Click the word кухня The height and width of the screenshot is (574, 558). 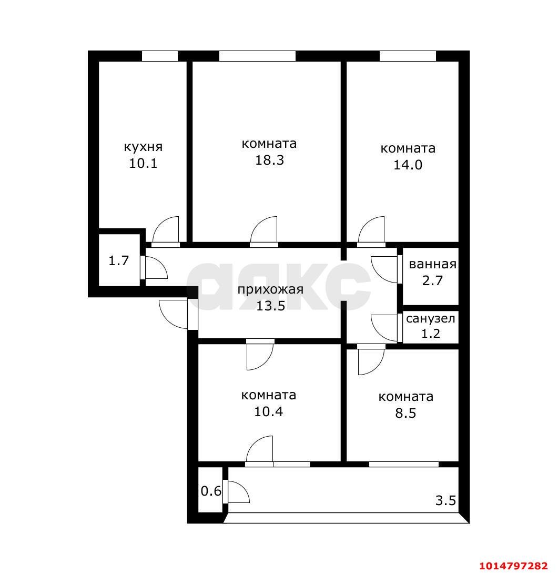pyautogui.click(x=143, y=147)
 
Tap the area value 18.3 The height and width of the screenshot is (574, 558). pyautogui.click(x=270, y=160)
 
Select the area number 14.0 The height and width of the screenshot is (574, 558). pyautogui.click(x=408, y=165)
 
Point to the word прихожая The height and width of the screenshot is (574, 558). pyautogui.click(x=270, y=289)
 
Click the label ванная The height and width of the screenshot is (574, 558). pyautogui.click(x=432, y=264)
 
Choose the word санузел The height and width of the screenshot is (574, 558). pyautogui.click(x=431, y=318)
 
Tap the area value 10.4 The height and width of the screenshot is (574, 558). pyautogui.click(x=269, y=411)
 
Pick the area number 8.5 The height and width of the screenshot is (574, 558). pyautogui.click(x=405, y=413)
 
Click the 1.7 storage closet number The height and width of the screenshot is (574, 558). pyautogui.click(x=119, y=260)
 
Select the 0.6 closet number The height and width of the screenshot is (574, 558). pyautogui.click(x=211, y=491)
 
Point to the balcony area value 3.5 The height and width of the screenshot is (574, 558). pyautogui.click(x=445, y=500)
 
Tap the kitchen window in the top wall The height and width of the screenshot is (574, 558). pyautogui.click(x=159, y=56)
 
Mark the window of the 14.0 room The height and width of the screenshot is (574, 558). pyautogui.click(x=408, y=56)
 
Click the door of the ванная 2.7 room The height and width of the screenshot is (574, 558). pyautogui.click(x=385, y=269)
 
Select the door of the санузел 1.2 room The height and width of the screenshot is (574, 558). pyautogui.click(x=385, y=328)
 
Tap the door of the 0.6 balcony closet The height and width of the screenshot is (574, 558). pyautogui.click(x=236, y=491)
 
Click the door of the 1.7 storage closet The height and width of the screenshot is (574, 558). pyautogui.click(x=154, y=268)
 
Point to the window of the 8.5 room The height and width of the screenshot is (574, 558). pyautogui.click(x=403, y=464)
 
